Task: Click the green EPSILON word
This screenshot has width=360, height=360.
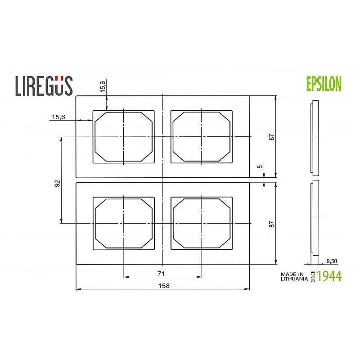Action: click(x=323, y=84)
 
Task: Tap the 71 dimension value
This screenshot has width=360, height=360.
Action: click(x=162, y=273)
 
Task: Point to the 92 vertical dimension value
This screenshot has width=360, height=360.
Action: click(x=57, y=183)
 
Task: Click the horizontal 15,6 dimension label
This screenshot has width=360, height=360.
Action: click(x=58, y=117)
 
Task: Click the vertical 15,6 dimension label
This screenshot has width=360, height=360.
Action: click(x=103, y=87)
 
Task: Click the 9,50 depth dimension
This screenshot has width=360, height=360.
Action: click(x=332, y=261)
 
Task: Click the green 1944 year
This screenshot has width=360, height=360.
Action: click(x=329, y=276)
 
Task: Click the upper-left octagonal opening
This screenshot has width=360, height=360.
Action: click(x=124, y=136)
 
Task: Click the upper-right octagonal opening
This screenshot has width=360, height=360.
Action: click(x=202, y=136)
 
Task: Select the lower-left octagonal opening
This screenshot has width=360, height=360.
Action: click(x=124, y=223)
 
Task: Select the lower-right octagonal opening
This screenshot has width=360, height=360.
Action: click(x=202, y=223)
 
